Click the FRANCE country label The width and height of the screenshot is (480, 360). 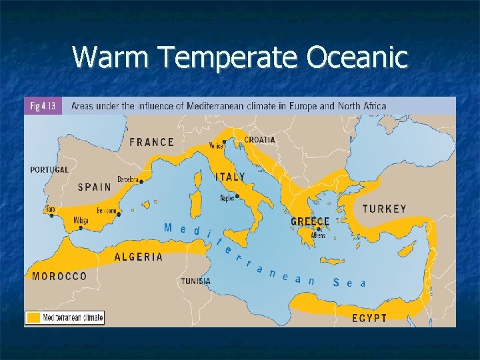pyautogui.click(x=151, y=142)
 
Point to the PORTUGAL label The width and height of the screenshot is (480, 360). pyautogui.click(x=49, y=170)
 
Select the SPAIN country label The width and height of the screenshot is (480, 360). pyautogui.click(x=95, y=187)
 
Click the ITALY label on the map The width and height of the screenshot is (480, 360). pyautogui.click(x=229, y=177)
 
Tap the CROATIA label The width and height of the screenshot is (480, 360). pyautogui.click(x=259, y=140)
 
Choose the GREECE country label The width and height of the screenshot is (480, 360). pyautogui.click(x=310, y=221)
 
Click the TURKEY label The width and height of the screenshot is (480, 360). pyautogui.click(x=384, y=209)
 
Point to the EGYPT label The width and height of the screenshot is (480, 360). pyautogui.click(x=369, y=318)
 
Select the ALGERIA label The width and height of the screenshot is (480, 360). pyautogui.click(x=139, y=257)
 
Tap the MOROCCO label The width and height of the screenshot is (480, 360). pyautogui.click(x=59, y=276)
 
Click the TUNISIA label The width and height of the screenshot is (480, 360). pyautogui.click(x=195, y=281)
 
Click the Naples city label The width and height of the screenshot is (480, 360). pyautogui.click(x=227, y=198)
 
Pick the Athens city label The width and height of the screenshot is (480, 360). pyautogui.click(x=318, y=235)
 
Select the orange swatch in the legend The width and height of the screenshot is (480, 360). pyautogui.click(x=33, y=318)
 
